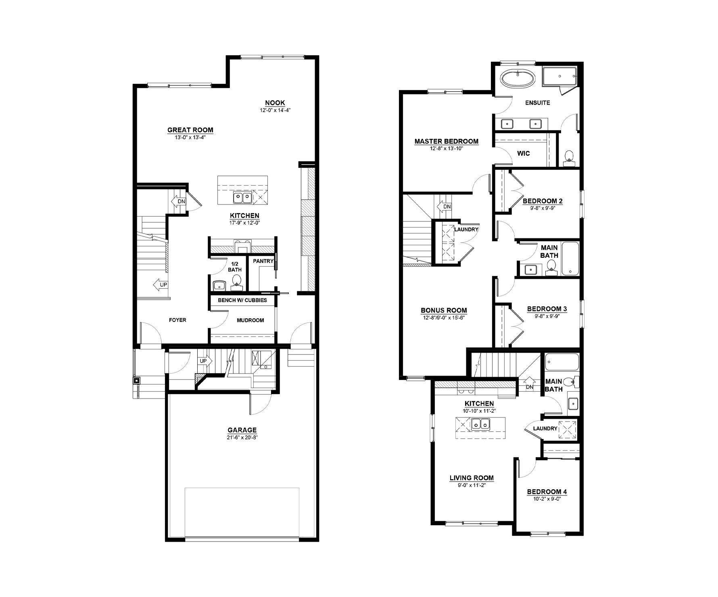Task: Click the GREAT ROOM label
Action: [x=190, y=130]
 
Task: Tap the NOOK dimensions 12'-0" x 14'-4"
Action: [x=275, y=110]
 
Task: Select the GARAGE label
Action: [x=242, y=430]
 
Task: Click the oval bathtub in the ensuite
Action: [x=518, y=78]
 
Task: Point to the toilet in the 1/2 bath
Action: [x=237, y=281]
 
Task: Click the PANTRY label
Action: [x=263, y=261]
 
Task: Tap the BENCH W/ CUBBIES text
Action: [x=242, y=300]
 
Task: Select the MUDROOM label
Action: [x=250, y=320]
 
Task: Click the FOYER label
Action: [x=177, y=320]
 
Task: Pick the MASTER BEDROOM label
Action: [x=447, y=141]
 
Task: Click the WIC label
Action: [x=524, y=153]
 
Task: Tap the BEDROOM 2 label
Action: [x=543, y=201]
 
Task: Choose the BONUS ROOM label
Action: [x=444, y=310]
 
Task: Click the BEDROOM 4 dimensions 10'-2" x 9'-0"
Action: [x=547, y=499]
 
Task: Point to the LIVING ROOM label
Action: [x=472, y=478]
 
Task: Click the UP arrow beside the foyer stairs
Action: [x=161, y=285]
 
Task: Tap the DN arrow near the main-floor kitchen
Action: [x=179, y=201]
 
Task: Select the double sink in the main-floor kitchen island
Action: [x=242, y=198]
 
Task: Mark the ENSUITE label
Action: [x=537, y=103]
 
